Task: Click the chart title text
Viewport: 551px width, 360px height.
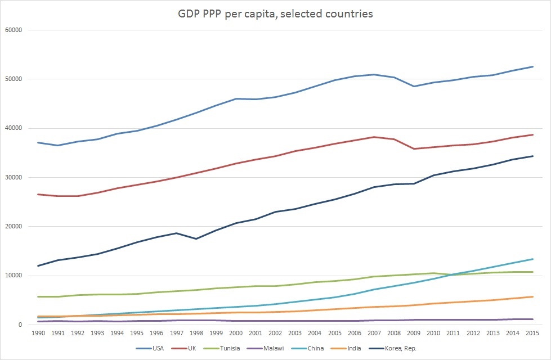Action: point(275,14)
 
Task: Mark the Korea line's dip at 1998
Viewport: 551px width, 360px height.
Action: point(196,238)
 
